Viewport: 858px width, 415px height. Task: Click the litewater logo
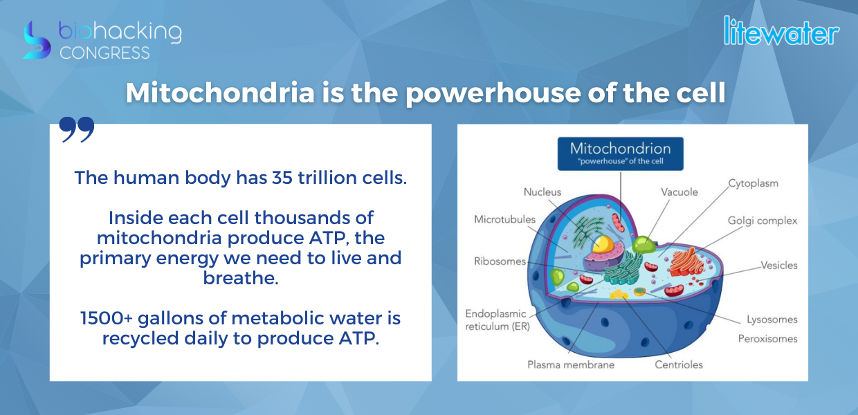(781, 31)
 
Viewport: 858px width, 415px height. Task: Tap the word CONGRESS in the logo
(104, 53)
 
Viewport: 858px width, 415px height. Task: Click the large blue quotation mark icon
(77, 129)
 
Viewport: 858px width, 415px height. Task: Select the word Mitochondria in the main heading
(220, 93)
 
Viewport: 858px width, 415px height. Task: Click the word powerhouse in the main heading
(493, 94)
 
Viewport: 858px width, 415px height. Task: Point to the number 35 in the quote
(282, 178)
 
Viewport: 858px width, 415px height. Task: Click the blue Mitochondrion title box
(621, 154)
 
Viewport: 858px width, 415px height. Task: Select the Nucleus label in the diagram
(542, 192)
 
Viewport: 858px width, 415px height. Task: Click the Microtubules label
(505, 219)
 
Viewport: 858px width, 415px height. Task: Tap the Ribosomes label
(500, 261)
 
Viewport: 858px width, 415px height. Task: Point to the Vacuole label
(679, 192)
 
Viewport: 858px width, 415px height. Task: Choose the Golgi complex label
(763, 221)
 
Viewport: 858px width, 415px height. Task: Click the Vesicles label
(779, 266)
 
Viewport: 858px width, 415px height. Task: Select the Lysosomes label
(772, 320)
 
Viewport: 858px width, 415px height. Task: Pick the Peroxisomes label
(768, 339)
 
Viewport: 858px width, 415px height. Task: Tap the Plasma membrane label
(571, 365)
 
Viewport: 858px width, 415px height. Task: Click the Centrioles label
(679, 365)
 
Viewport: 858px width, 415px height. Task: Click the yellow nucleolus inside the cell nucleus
(603, 244)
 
